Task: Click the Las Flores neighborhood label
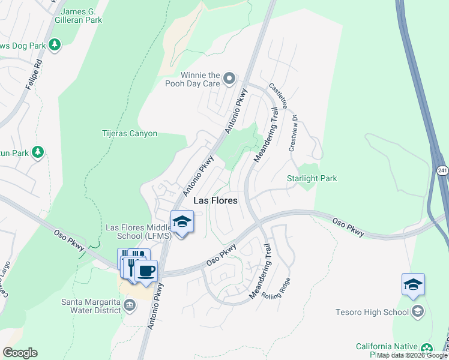pyautogui.click(x=215, y=200)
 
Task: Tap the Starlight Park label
pyautogui.click(x=312, y=178)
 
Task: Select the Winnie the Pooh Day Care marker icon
pyautogui.click(x=229, y=78)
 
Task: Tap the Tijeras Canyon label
pyautogui.click(x=130, y=134)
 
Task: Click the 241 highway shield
pyautogui.click(x=442, y=172)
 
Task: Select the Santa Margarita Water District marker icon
pyautogui.click(x=129, y=306)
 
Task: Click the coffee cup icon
pyautogui.click(x=146, y=271)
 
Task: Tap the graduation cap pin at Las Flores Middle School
pyautogui.click(x=182, y=221)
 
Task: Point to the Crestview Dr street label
pyautogui.click(x=293, y=133)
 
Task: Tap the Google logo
pyautogui.click(x=20, y=353)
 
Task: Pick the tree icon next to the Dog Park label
pyautogui.click(x=55, y=45)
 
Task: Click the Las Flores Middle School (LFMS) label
pyautogui.click(x=139, y=232)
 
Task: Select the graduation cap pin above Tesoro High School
pyautogui.click(x=413, y=284)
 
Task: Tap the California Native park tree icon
pyautogui.click(x=426, y=349)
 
